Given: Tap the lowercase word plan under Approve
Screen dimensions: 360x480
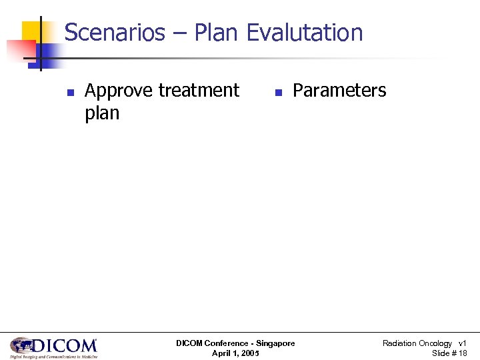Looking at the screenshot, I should point(102,113).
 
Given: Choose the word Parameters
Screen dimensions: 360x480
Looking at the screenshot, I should point(339,91).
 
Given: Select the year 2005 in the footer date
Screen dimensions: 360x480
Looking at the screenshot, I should point(250,353).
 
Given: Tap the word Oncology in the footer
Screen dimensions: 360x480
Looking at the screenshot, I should point(435,343).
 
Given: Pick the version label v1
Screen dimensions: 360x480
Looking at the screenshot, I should point(462,343).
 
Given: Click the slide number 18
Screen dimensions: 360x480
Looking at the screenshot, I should point(462,353).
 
